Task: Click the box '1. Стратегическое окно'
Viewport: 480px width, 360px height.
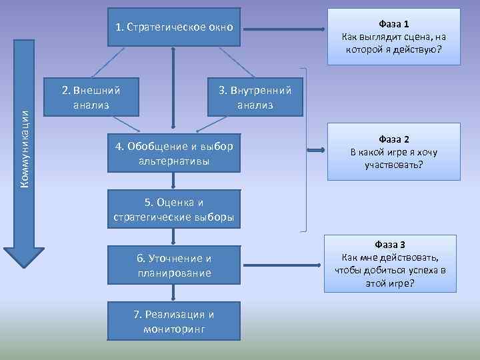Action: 173,27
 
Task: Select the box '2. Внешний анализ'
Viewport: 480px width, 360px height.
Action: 91,97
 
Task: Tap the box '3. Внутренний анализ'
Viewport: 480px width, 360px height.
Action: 255,97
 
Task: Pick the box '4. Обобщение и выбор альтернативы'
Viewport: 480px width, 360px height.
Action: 173,154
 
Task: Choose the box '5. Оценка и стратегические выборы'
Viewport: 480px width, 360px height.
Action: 173,210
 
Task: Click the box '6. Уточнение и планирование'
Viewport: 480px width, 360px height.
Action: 173,265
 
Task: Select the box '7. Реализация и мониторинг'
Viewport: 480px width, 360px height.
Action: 173,321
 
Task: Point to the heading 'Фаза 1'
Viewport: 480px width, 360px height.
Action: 393,24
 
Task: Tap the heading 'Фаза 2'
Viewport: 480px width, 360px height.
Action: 393,139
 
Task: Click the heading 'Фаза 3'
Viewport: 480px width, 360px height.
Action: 390,245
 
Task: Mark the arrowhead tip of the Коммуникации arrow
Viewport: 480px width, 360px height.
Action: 24,267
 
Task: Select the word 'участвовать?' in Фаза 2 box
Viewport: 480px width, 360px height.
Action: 393,164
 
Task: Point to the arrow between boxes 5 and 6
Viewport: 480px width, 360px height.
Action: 173,237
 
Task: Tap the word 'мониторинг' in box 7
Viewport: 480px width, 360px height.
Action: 173,329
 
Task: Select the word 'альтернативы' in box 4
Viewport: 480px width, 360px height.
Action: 173,161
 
